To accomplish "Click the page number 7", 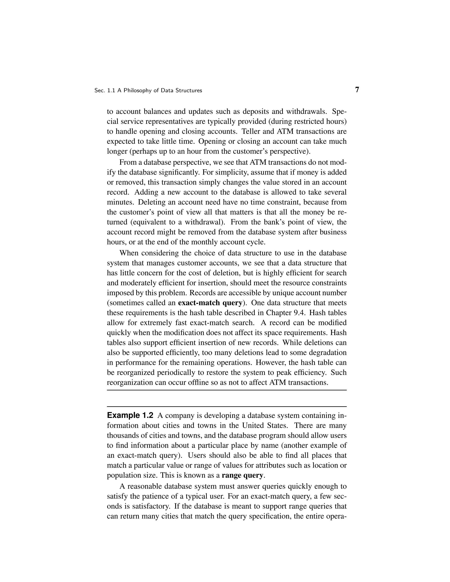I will pyautogui.click(x=357, y=90).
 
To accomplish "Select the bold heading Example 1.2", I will pyautogui.click(x=130, y=415).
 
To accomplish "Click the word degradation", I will pyautogui.click(x=328, y=352).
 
